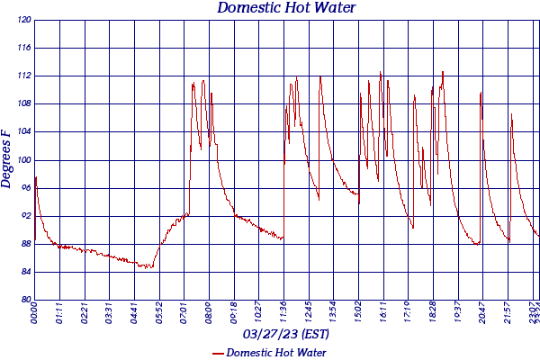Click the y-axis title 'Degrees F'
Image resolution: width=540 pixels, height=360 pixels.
[7, 158]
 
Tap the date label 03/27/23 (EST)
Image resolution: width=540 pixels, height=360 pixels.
[286, 335]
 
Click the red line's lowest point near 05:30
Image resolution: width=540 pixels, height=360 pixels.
[147, 267]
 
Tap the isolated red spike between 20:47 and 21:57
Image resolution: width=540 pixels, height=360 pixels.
[511, 114]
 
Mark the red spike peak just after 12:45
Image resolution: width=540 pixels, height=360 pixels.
[319, 76]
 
